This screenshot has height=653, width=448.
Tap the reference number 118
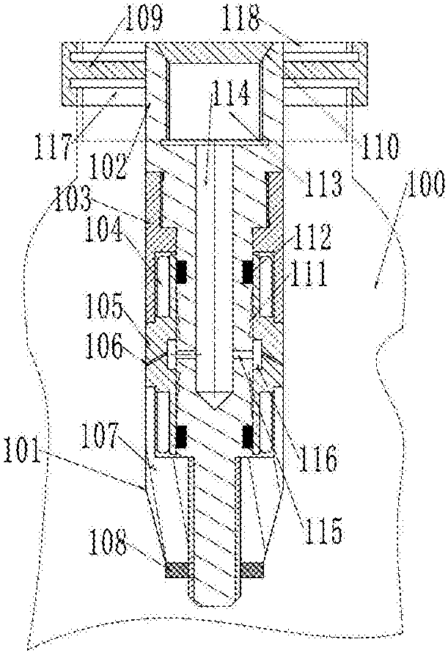pyautogui.click(x=240, y=17)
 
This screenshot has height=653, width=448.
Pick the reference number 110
pyautogui.click(x=380, y=146)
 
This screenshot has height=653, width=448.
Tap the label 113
pyautogui.click(x=323, y=183)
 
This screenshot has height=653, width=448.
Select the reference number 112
pyautogui.click(x=312, y=236)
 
